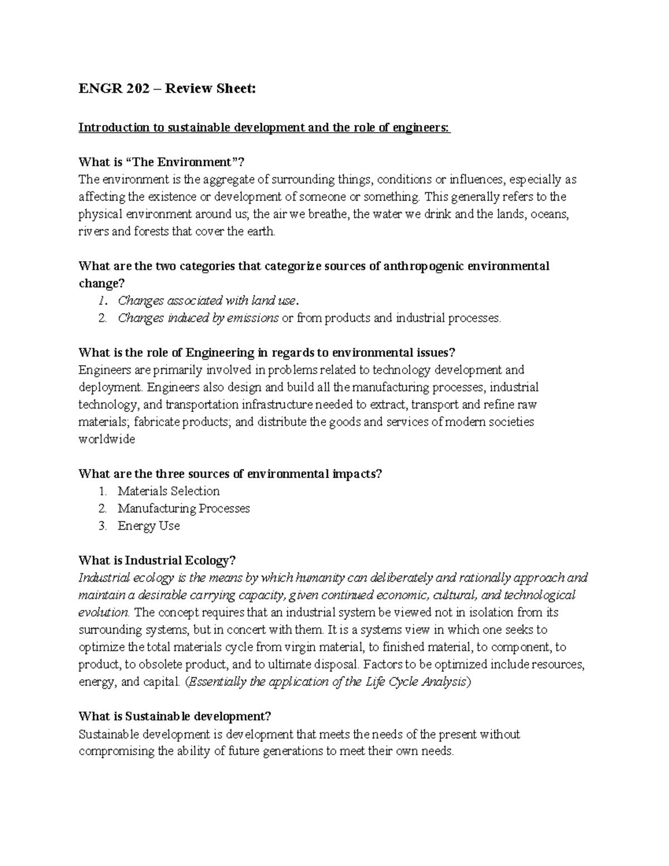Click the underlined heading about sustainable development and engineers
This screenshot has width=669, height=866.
(x=264, y=128)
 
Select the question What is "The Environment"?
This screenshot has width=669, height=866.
(x=162, y=162)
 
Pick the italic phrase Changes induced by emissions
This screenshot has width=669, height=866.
(x=198, y=318)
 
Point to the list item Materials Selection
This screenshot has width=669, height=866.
(x=168, y=491)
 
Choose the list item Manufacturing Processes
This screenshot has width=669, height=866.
(x=183, y=509)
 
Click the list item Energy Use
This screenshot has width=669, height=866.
(x=148, y=526)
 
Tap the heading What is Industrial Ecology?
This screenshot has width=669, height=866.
(x=158, y=560)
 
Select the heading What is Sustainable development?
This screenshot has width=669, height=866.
(x=175, y=716)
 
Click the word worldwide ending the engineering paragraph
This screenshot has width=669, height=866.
(x=107, y=439)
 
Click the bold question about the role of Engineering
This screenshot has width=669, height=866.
(x=267, y=352)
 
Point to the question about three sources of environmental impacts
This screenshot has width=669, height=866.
(x=231, y=474)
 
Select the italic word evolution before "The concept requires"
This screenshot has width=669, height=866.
(x=104, y=613)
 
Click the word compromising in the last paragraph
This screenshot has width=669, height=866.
(x=117, y=751)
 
